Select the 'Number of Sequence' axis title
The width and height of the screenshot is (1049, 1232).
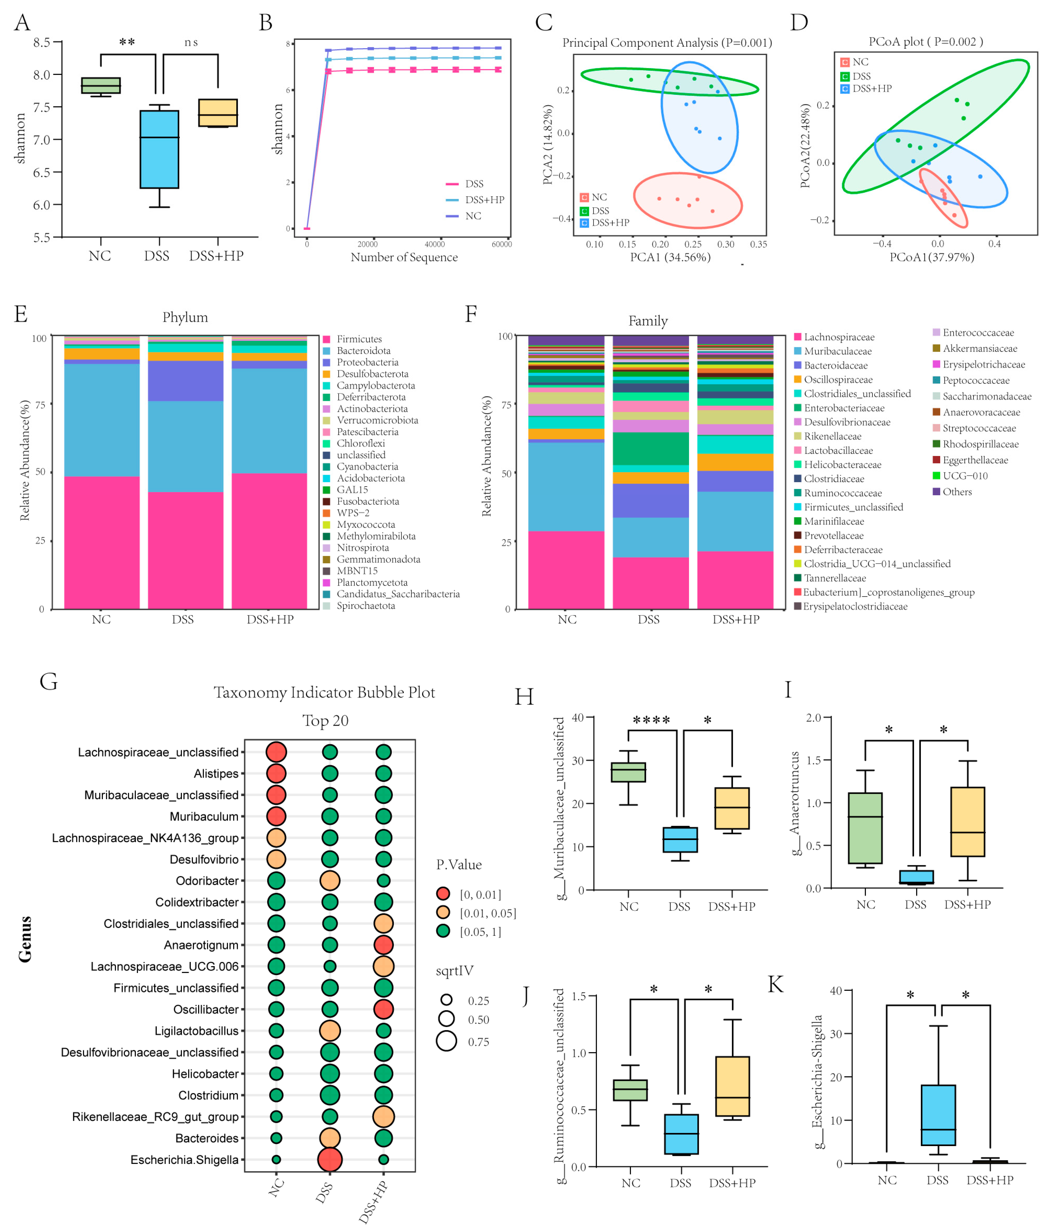tap(404, 258)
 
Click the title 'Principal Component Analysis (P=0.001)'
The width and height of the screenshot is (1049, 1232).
tap(667, 43)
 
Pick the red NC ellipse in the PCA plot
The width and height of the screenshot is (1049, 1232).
tap(688, 200)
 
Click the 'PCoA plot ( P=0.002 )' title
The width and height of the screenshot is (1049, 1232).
tap(925, 42)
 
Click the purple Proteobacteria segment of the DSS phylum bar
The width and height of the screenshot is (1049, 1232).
tap(185, 380)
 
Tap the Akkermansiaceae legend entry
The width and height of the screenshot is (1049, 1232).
tap(979, 348)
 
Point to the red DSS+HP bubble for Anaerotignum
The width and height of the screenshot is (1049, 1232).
tap(383, 945)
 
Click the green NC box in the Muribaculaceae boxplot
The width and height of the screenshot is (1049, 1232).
tap(628, 772)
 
